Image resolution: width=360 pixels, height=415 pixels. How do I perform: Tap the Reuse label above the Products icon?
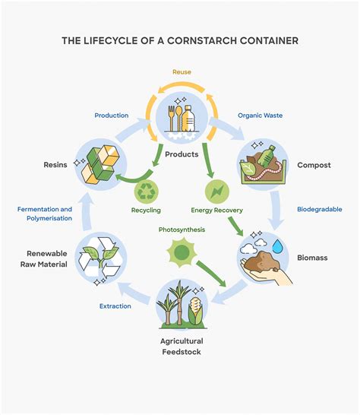[181, 72]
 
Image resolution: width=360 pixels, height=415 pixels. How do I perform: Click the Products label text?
[181, 154]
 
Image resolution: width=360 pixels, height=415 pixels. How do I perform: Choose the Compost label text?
[314, 165]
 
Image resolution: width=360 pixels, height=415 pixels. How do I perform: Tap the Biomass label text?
[313, 258]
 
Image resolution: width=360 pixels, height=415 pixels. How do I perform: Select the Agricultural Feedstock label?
[181, 346]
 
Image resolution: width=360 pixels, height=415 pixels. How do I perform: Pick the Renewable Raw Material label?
[48, 260]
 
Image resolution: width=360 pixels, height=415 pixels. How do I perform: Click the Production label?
[111, 116]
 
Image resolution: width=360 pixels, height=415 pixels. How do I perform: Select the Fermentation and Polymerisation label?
[46, 213]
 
